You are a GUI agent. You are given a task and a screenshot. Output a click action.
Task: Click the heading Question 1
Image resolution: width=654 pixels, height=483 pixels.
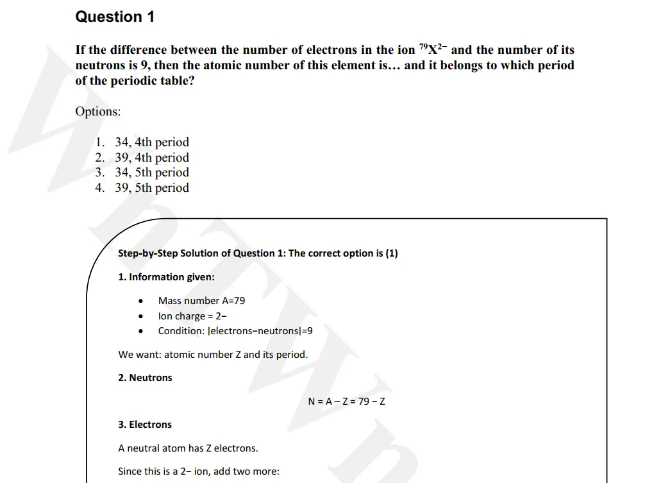point(115,17)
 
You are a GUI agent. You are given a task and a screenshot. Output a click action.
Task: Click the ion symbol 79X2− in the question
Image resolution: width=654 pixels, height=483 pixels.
point(433,49)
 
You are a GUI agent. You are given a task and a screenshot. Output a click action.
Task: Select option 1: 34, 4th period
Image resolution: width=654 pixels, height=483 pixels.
point(151,142)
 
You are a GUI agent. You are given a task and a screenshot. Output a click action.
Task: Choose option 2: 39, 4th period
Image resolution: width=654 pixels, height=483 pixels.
point(151,158)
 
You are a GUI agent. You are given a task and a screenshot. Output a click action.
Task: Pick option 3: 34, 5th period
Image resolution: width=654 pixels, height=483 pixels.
point(151,173)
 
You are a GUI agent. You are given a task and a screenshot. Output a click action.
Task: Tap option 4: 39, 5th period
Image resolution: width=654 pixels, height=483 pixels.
point(151,188)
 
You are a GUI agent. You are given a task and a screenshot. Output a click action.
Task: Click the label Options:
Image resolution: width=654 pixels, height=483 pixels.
point(97,111)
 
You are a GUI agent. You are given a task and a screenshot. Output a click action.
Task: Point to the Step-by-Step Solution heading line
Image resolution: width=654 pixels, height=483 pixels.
point(258,253)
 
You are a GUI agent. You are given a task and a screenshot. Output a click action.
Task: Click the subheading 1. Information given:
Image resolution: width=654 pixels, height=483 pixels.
point(166,277)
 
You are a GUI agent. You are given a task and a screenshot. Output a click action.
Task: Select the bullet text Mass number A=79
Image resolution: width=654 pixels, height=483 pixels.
point(201,301)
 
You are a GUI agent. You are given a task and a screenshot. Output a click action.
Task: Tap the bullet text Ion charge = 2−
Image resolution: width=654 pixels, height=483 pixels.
point(192,316)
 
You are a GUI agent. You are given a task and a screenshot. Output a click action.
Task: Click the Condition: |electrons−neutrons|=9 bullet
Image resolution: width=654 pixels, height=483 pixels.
point(235,332)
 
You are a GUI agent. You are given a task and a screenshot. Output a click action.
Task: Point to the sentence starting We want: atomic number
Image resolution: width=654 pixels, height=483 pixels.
point(213,355)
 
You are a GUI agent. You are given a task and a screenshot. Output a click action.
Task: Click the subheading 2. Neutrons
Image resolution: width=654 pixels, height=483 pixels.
point(145,378)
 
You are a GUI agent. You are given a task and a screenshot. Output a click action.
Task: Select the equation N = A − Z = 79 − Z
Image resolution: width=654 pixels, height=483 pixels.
point(346,402)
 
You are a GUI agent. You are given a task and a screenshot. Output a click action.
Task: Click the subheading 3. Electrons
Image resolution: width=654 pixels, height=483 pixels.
point(145,425)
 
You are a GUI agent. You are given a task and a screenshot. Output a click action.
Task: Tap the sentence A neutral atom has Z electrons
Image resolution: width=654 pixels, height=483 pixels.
point(188,448)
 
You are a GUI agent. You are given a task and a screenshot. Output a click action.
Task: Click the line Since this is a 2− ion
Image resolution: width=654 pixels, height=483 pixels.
point(199,471)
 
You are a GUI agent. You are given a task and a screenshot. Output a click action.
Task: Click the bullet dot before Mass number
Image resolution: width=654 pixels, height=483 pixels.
point(140,301)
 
